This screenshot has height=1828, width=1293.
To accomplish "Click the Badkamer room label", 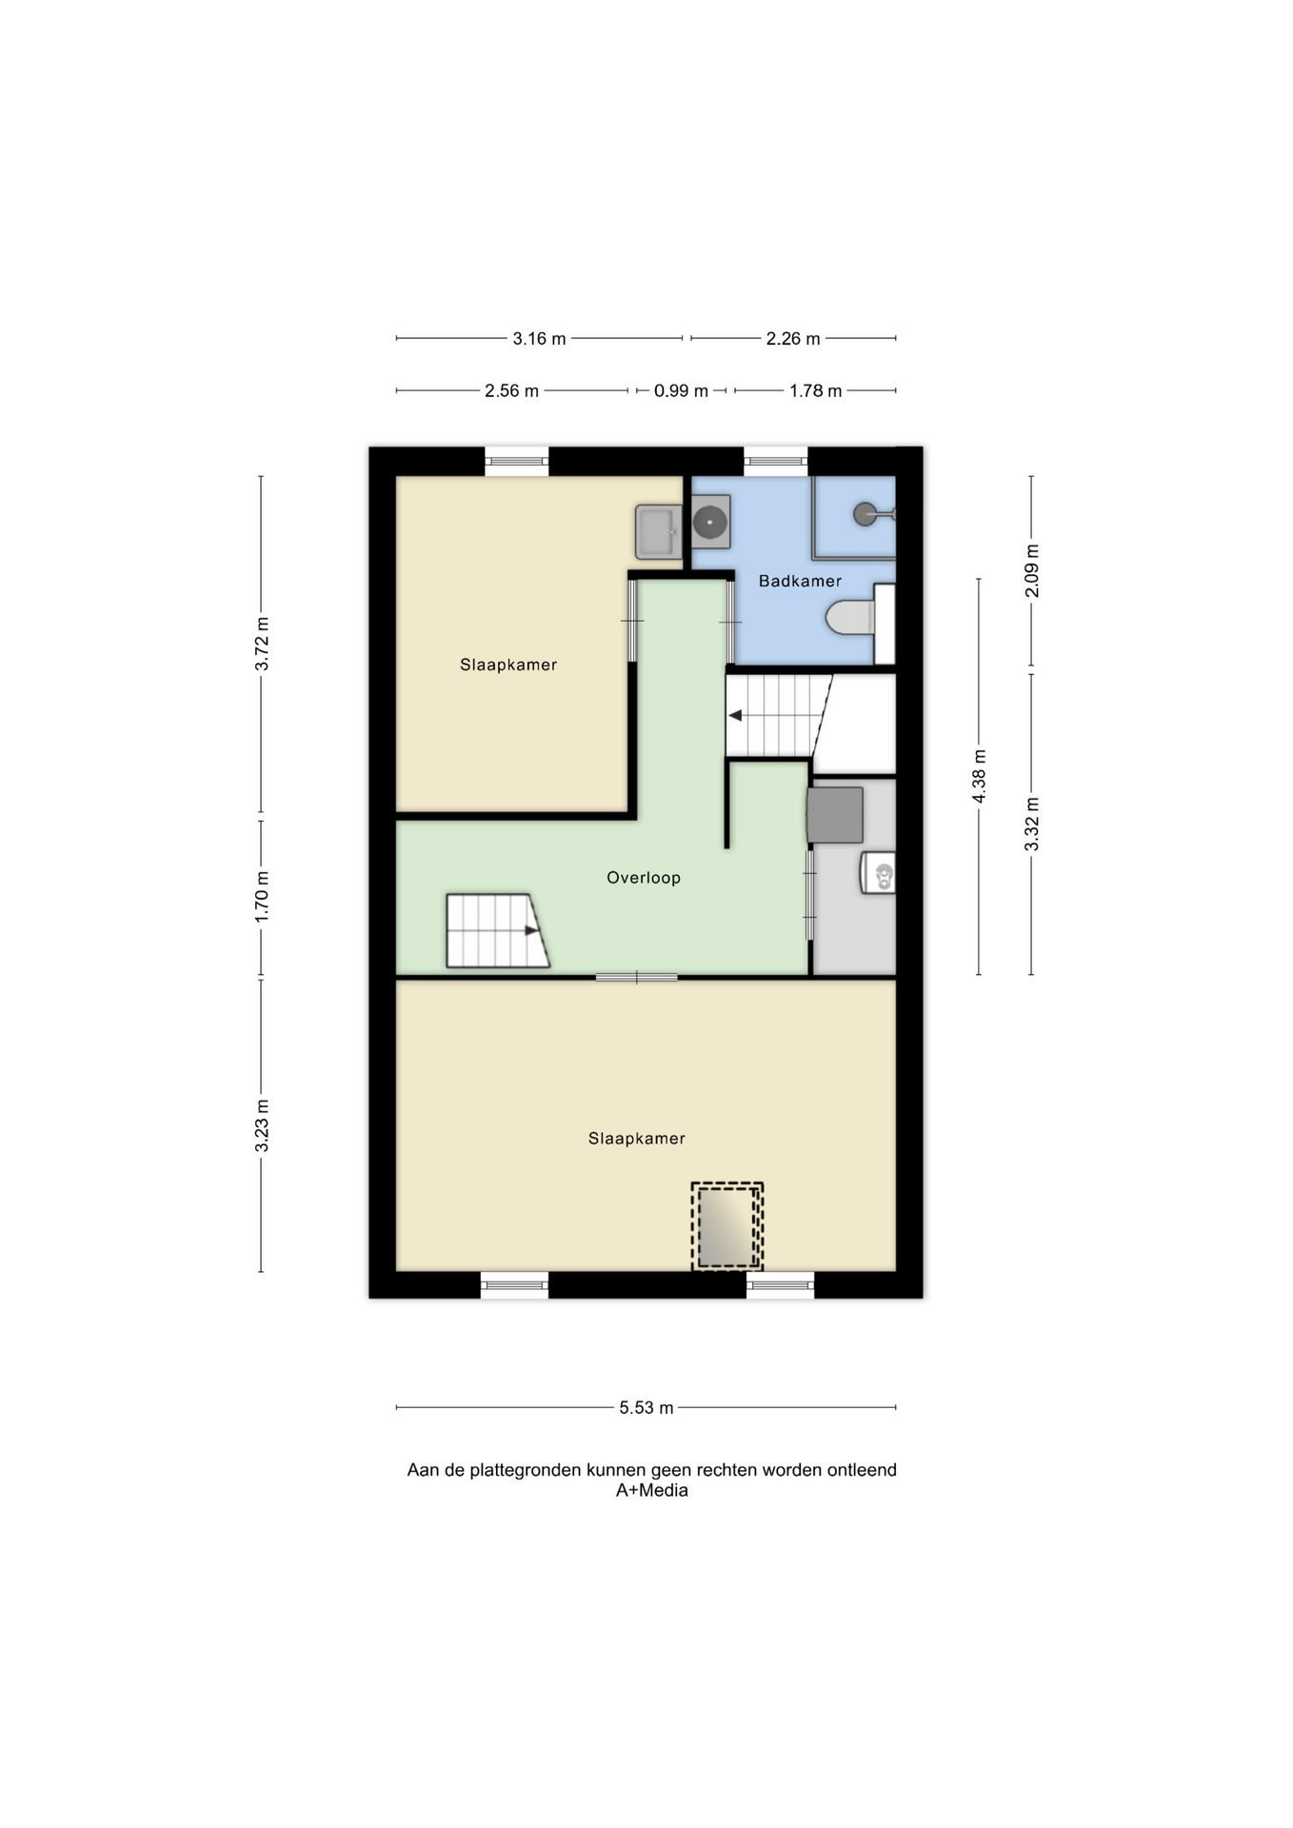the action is click(800, 581).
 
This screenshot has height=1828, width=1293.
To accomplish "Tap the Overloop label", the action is click(644, 878).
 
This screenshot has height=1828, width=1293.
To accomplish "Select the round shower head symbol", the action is click(864, 515).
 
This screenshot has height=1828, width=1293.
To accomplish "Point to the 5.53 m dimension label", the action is click(646, 1407).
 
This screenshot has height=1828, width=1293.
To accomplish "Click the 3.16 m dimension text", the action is click(539, 338).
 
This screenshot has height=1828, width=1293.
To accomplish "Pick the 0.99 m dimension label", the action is click(681, 390).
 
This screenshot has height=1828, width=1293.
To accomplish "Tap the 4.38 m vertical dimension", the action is click(980, 776).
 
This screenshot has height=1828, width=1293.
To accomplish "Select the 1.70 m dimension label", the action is click(262, 896).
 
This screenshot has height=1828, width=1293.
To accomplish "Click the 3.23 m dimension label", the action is click(262, 1125).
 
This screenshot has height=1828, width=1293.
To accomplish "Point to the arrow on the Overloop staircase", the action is click(531, 930).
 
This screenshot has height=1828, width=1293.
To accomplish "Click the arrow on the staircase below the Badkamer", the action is click(735, 715).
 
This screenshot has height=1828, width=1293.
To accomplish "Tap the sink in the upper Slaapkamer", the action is click(658, 531).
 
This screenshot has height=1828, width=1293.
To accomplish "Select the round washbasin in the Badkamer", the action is click(710, 522).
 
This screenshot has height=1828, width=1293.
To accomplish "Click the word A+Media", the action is click(651, 1491).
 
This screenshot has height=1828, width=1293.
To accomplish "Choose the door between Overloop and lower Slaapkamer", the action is click(637, 977).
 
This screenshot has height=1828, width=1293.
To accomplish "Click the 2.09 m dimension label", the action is click(1032, 571).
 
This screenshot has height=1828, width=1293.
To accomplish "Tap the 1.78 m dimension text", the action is click(815, 390).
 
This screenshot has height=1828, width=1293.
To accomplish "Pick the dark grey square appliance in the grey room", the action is click(835, 815).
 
